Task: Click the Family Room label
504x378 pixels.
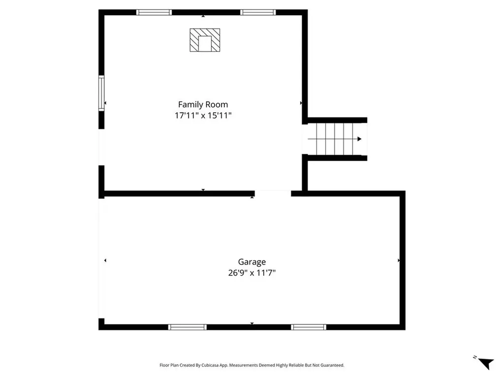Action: click(203, 104)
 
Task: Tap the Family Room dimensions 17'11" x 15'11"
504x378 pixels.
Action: click(203, 116)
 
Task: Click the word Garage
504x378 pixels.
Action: click(252, 262)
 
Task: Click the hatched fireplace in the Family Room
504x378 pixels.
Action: click(205, 40)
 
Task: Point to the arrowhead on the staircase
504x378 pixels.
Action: click(359, 139)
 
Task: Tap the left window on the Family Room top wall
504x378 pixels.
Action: click(154, 12)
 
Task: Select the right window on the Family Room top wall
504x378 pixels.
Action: click(258, 12)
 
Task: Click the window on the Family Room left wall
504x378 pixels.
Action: click(101, 93)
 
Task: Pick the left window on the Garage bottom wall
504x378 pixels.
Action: click(187, 327)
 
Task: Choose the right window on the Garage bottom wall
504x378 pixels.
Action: click(309, 327)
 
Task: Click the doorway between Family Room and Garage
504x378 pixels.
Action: click(273, 193)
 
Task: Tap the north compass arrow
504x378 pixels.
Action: click(486, 363)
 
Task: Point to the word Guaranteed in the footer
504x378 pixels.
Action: click(333, 365)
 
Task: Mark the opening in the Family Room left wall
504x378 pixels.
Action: click(101, 147)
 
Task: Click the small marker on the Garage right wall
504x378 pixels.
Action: click(399, 260)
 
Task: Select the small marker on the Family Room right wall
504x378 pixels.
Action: click(301, 103)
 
